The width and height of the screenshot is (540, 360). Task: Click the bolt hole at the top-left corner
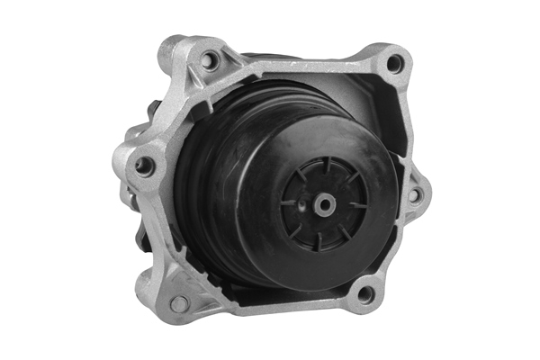(x=210, y=61)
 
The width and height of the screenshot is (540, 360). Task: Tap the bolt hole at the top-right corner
(x=393, y=63)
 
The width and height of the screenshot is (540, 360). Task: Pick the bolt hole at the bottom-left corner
(x=179, y=303)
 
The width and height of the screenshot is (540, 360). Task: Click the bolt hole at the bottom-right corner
(x=364, y=293)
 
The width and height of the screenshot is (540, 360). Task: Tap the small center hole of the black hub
(x=324, y=204)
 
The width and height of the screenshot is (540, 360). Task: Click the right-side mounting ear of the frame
(x=417, y=193)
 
